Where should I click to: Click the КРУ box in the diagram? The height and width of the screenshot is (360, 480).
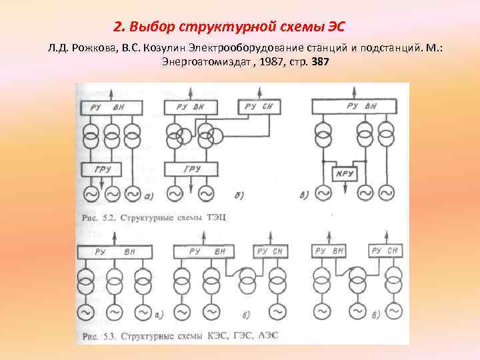tap(345, 173)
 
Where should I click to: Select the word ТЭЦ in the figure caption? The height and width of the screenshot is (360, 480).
tap(219, 217)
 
